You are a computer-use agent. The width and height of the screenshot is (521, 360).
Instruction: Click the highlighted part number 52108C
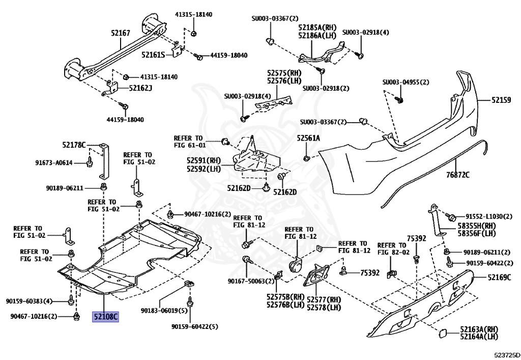point(105,317)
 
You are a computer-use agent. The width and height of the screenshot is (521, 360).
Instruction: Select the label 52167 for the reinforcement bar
point(121,33)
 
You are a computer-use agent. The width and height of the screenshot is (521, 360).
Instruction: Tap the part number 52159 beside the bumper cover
point(501,100)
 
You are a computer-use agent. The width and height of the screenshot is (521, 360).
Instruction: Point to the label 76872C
point(458,175)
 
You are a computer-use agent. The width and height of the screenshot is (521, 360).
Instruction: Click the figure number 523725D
point(507,355)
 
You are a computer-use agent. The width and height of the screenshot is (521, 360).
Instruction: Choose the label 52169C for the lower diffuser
point(500,277)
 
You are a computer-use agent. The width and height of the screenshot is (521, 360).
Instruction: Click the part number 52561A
point(308,138)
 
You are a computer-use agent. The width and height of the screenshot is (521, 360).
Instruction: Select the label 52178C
point(74,145)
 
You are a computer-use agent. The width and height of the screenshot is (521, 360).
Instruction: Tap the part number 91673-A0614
point(54,163)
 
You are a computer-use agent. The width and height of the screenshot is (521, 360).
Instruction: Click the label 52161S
point(153,55)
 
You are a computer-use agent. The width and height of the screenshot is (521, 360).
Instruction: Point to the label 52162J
point(140,88)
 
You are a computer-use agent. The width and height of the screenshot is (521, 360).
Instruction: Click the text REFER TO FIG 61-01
point(190,142)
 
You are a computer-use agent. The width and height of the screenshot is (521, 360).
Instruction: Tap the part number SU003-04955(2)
point(406,82)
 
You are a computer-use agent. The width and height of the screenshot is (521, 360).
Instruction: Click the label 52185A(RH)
point(317,27)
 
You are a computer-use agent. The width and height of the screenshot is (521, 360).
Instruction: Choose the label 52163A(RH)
point(479,329)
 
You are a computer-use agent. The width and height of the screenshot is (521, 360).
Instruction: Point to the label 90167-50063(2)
point(251,281)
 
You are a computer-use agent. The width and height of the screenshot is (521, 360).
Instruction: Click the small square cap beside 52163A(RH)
point(444,333)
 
